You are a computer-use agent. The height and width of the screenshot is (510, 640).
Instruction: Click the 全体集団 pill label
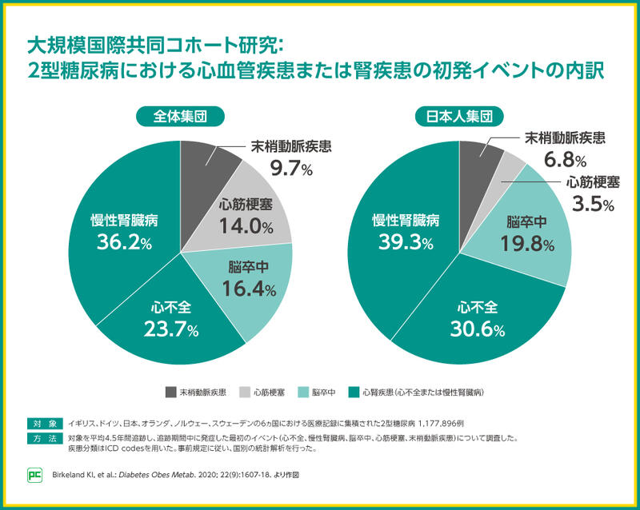[180, 117]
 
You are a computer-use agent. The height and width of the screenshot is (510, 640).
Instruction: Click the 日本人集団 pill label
[458, 117]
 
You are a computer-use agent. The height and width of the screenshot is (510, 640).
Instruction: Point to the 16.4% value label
[250, 289]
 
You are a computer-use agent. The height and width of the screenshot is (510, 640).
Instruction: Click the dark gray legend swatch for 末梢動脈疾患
[170, 392]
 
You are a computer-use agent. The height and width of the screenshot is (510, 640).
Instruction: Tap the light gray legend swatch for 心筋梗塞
[244, 392]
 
